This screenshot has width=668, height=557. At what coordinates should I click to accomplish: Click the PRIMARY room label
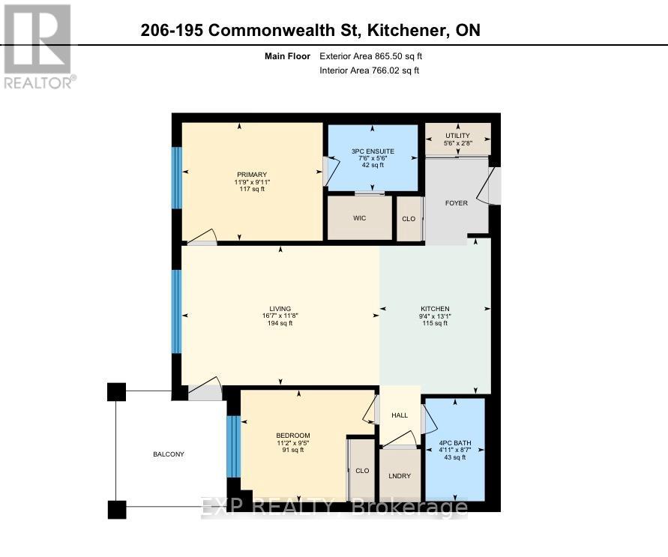(x=252, y=175)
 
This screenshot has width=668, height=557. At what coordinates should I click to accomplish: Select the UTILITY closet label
(x=457, y=136)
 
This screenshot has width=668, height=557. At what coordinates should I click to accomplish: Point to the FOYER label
(x=457, y=202)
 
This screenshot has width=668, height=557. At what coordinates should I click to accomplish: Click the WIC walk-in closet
(x=360, y=219)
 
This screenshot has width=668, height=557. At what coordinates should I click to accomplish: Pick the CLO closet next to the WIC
(x=409, y=219)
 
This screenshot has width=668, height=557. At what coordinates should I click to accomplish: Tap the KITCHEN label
(x=435, y=309)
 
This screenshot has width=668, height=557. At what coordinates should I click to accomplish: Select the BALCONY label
(x=169, y=454)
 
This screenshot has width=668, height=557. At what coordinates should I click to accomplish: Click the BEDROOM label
(x=292, y=436)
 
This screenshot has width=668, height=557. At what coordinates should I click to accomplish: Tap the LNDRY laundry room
(x=399, y=475)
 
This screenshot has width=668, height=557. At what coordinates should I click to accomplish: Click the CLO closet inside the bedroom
(x=362, y=471)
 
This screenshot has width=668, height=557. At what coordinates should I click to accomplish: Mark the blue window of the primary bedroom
(x=177, y=178)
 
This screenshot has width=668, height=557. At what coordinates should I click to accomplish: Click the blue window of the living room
(x=177, y=311)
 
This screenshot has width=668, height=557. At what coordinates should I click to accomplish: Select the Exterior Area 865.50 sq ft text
(x=376, y=56)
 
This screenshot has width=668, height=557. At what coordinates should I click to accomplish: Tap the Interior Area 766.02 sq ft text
(x=369, y=70)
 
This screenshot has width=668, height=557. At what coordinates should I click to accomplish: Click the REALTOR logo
(x=38, y=46)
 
